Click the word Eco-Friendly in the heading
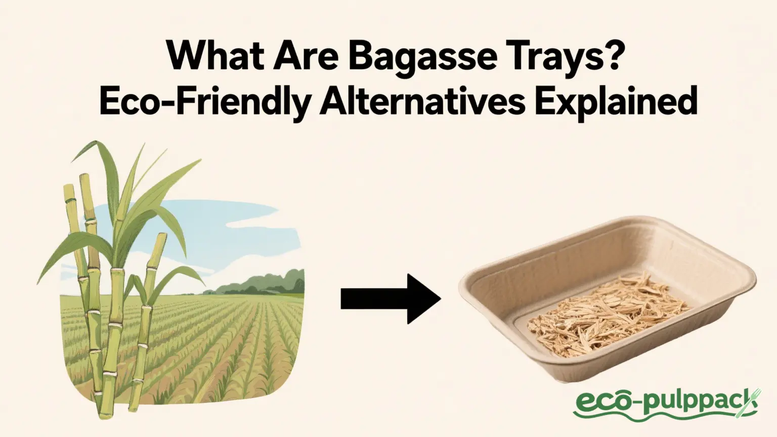point(204,101)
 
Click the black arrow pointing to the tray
point(390,298)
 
